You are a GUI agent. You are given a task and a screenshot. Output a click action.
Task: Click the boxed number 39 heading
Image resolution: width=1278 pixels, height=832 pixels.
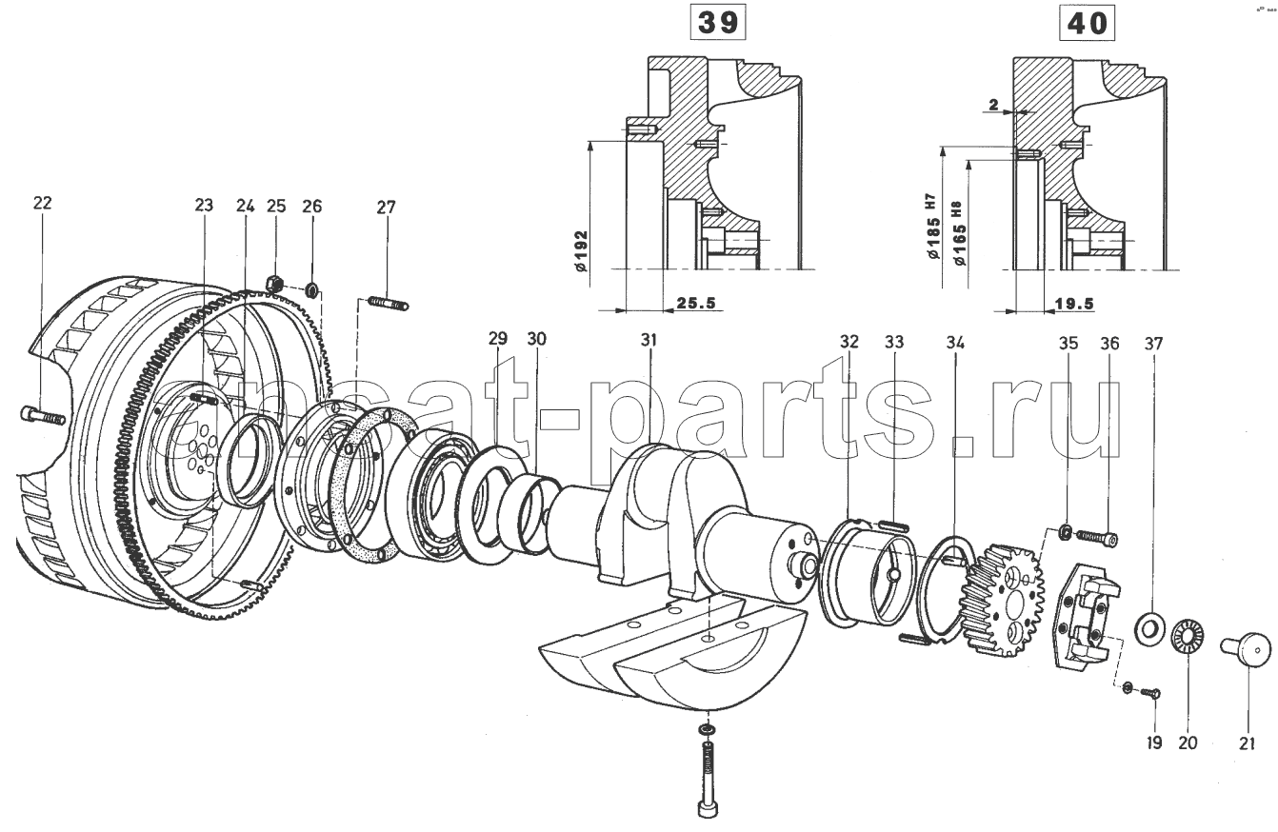click(x=719, y=24)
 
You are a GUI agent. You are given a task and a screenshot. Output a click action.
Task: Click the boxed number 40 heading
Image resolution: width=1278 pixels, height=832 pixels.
click(x=1086, y=24)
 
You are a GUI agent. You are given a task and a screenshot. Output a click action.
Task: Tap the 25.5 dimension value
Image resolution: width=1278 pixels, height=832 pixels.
click(x=694, y=303)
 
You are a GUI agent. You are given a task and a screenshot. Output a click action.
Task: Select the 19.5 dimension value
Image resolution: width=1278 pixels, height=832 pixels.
click(x=1074, y=303)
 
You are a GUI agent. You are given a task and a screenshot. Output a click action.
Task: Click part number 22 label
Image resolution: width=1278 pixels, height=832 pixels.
click(x=42, y=203)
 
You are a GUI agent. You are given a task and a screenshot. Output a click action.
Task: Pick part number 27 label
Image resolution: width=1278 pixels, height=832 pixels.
click(x=385, y=207)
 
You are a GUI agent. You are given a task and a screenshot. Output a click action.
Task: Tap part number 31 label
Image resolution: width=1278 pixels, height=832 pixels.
click(x=649, y=340)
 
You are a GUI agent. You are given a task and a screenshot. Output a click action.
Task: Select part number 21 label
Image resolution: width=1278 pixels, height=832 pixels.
click(x=1247, y=743)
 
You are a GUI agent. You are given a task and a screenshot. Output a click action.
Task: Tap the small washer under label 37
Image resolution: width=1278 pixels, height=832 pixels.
click(x=1148, y=627)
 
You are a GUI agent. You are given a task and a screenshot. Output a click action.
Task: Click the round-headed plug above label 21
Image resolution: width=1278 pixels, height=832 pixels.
click(x=1247, y=652)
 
